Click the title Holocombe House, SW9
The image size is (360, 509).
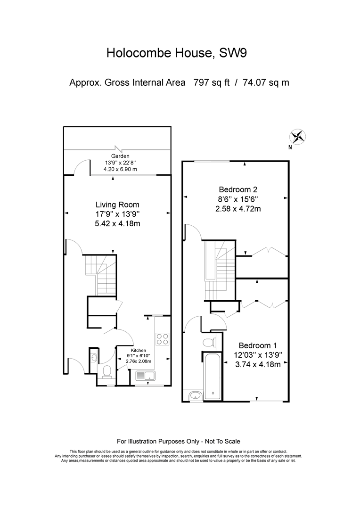[177, 53]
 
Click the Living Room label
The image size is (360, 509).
[117, 205]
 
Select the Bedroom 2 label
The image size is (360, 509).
[238, 189]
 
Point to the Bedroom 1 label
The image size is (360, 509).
[258, 346]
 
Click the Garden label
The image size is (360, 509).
[120, 156]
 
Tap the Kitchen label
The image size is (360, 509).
[138, 351]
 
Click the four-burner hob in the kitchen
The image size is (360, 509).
[162, 339]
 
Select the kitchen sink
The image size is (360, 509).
[146, 376]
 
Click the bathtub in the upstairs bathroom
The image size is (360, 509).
[213, 377]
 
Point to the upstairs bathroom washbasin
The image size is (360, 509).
[196, 396]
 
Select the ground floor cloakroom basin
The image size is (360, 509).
[94, 357]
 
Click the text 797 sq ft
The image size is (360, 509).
[211, 83]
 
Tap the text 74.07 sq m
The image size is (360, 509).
[266, 83]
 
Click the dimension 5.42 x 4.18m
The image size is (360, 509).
[117, 224]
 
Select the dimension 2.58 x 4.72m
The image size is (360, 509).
[238, 209]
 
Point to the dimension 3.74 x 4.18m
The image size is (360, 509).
[258, 364]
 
